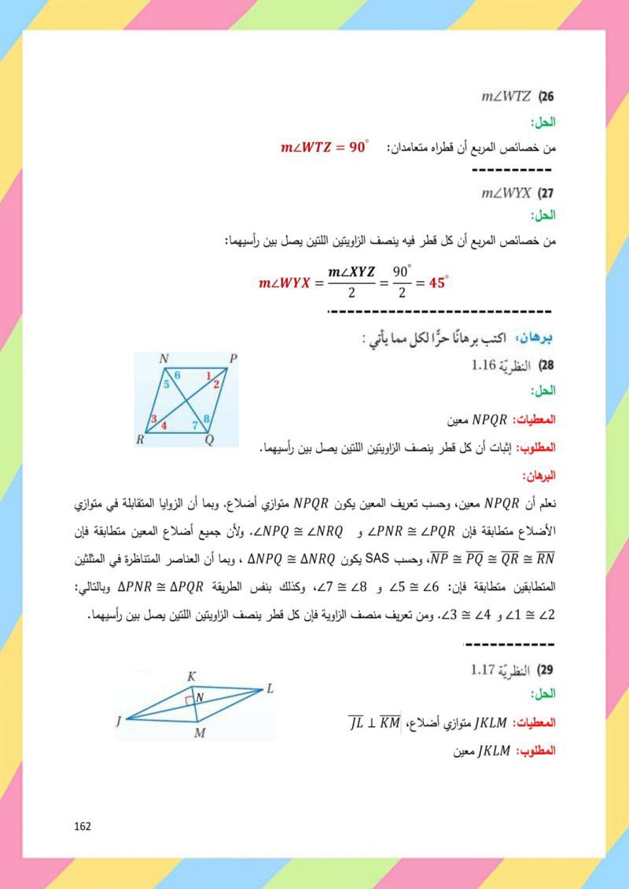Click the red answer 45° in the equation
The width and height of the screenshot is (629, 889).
pyautogui.click(x=438, y=281)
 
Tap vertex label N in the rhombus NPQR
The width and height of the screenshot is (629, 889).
pyautogui.click(x=164, y=358)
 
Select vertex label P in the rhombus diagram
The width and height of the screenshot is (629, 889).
pyautogui.click(x=233, y=358)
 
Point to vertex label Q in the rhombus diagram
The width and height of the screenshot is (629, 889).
pyautogui.click(x=209, y=441)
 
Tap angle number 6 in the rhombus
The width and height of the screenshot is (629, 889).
pyautogui.click(x=178, y=375)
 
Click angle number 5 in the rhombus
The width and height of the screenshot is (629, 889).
pyautogui.click(x=166, y=384)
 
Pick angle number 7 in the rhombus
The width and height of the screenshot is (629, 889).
pyautogui.click(x=196, y=426)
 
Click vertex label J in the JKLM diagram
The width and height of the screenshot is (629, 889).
pyautogui.click(x=119, y=720)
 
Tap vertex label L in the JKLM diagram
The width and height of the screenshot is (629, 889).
pyautogui.click(x=269, y=689)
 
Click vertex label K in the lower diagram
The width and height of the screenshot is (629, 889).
pyautogui.click(x=191, y=676)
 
